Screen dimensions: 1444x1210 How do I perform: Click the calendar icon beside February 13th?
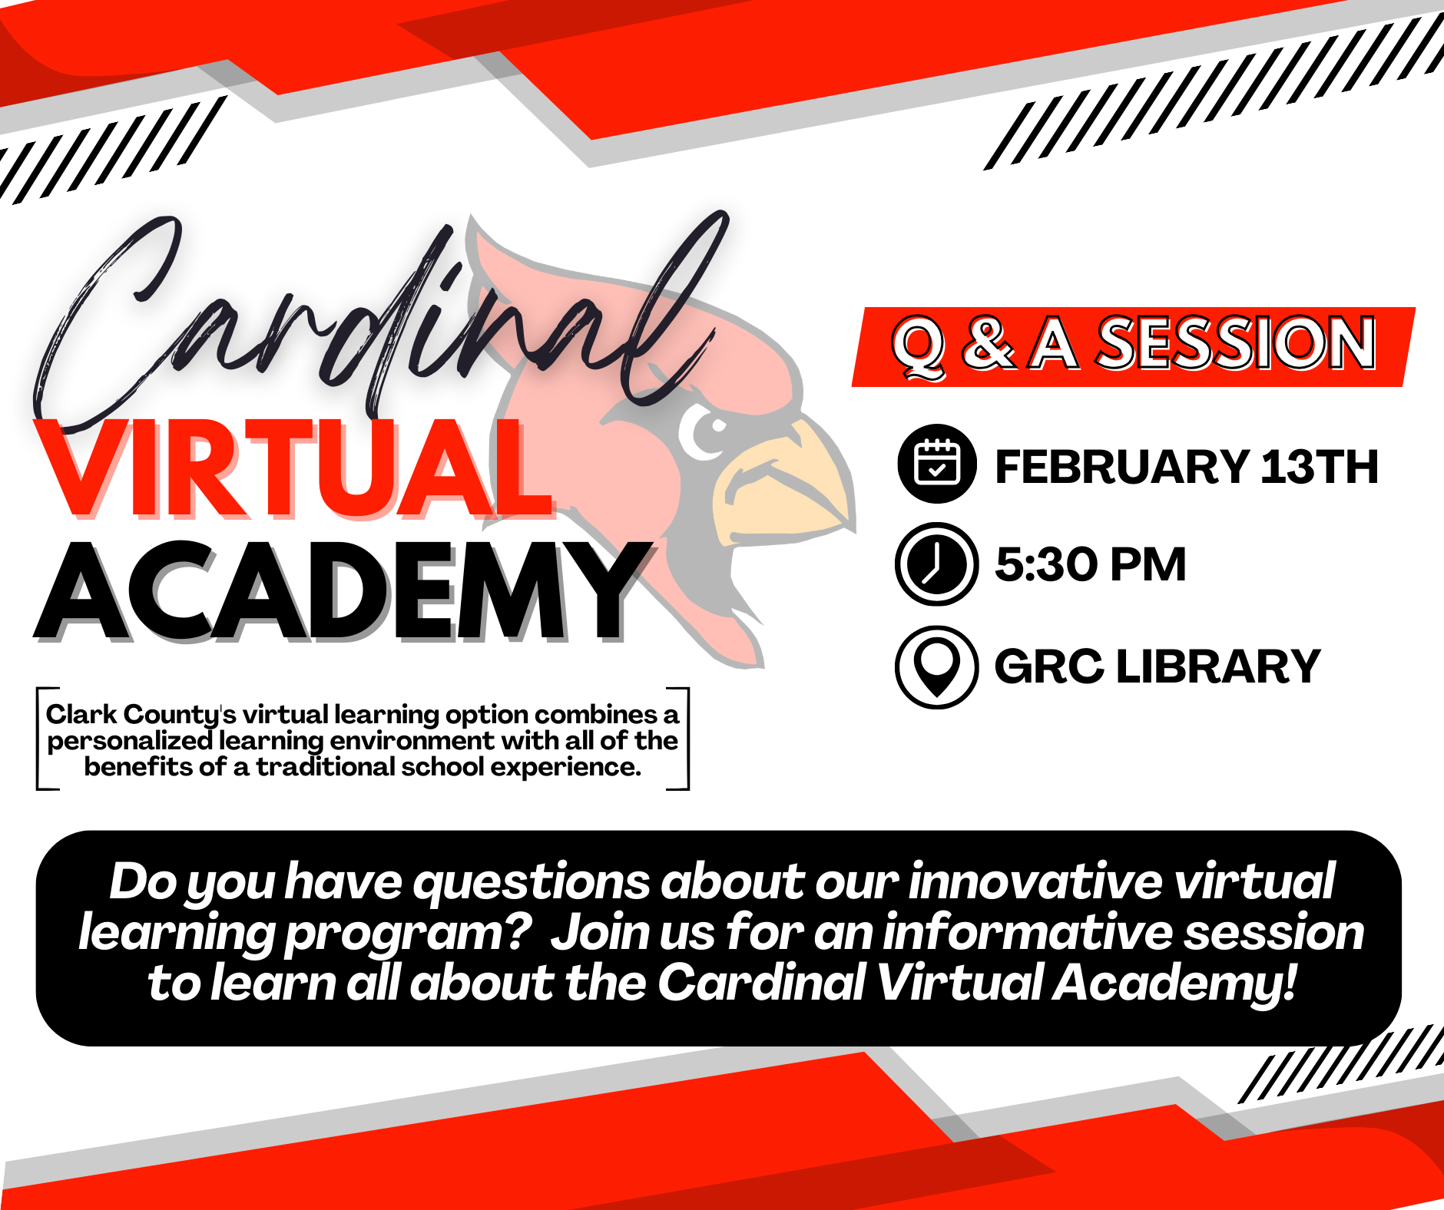tap(937, 463)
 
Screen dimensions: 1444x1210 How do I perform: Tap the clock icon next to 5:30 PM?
tap(937, 564)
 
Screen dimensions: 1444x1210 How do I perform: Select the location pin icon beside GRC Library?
tap(937, 666)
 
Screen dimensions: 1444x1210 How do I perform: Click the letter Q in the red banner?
tap(919, 347)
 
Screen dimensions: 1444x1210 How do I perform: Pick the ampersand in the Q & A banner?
tap(989, 344)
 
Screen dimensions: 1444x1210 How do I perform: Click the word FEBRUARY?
tap(1121, 467)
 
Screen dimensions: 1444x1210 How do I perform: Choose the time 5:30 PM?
tap(1091, 564)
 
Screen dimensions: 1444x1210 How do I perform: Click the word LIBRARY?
tap(1218, 666)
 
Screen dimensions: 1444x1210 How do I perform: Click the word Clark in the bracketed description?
tap(81, 714)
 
